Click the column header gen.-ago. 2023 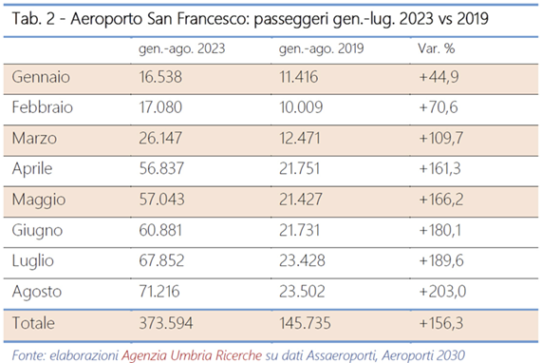(178, 48)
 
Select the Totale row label (36, 323)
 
